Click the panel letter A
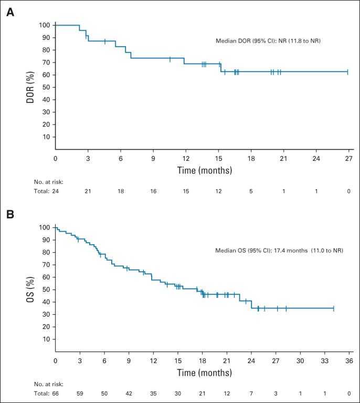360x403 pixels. coord(9,12)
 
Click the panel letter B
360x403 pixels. coord(9,214)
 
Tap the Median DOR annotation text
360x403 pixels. coord(268,40)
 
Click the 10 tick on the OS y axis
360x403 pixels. coord(46,339)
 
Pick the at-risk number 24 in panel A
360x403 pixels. coord(55,191)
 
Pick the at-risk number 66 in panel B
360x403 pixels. coord(55,393)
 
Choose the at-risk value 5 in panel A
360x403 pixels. coord(251,191)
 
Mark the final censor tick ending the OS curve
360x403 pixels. coord(333,308)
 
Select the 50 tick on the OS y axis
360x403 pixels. coord(46,290)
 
